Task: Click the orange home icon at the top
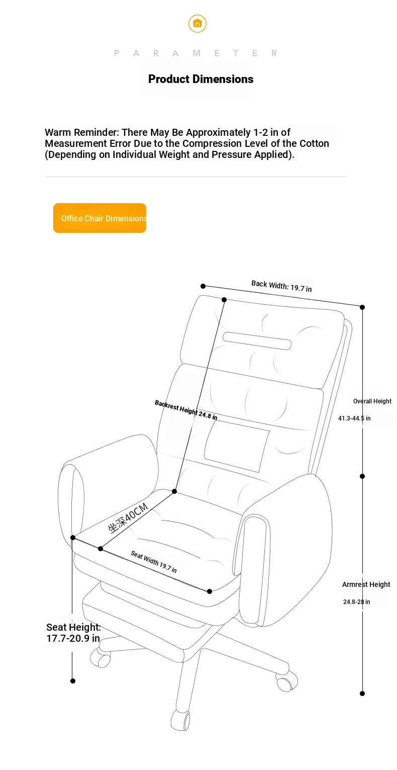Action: (x=197, y=23)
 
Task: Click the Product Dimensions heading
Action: (x=201, y=79)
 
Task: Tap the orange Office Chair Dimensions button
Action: (x=100, y=218)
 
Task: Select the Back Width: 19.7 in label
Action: (x=281, y=286)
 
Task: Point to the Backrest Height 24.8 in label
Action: (x=186, y=410)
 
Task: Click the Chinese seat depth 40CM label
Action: (x=128, y=518)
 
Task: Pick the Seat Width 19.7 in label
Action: (x=153, y=562)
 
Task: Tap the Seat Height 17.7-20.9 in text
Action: (x=73, y=633)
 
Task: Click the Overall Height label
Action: (x=372, y=401)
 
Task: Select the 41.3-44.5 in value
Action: (x=354, y=418)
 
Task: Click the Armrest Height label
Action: (x=366, y=584)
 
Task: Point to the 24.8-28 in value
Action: (x=356, y=602)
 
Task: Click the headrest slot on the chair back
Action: (x=257, y=341)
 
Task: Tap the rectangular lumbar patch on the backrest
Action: (x=237, y=446)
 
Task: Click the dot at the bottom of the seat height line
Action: (x=73, y=681)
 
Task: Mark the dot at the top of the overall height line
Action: (x=362, y=307)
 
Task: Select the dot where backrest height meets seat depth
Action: (x=174, y=491)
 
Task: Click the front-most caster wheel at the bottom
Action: (x=180, y=720)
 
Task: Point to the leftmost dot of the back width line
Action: (x=203, y=286)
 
